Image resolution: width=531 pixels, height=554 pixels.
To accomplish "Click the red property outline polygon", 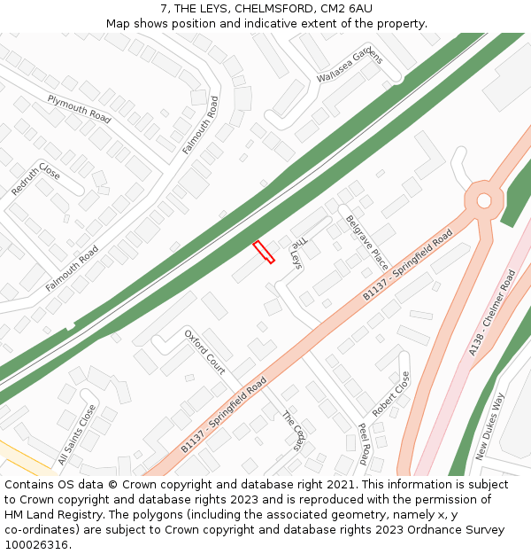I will [x=263, y=252].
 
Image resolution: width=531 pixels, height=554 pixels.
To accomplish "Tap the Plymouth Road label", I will [x=79, y=108].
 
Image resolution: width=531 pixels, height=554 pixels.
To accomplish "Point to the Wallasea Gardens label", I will [x=350, y=66].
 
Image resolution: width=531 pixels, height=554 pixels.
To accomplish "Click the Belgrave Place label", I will [x=366, y=242].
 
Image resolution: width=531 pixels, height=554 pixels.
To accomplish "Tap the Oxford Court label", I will [x=204, y=351].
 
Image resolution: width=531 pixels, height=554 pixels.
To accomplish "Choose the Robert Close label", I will [x=391, y=394].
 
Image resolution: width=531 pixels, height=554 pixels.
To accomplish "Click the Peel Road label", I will [x=363, y=443].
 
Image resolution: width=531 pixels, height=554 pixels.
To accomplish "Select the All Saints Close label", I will [x=76, y=434].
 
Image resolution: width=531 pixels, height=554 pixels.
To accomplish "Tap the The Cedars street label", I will [x=293, y=431].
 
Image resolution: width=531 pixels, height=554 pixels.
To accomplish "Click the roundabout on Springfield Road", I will [x=483, y=200].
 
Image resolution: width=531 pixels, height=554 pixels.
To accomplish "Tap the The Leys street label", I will [x=296, y=249].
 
